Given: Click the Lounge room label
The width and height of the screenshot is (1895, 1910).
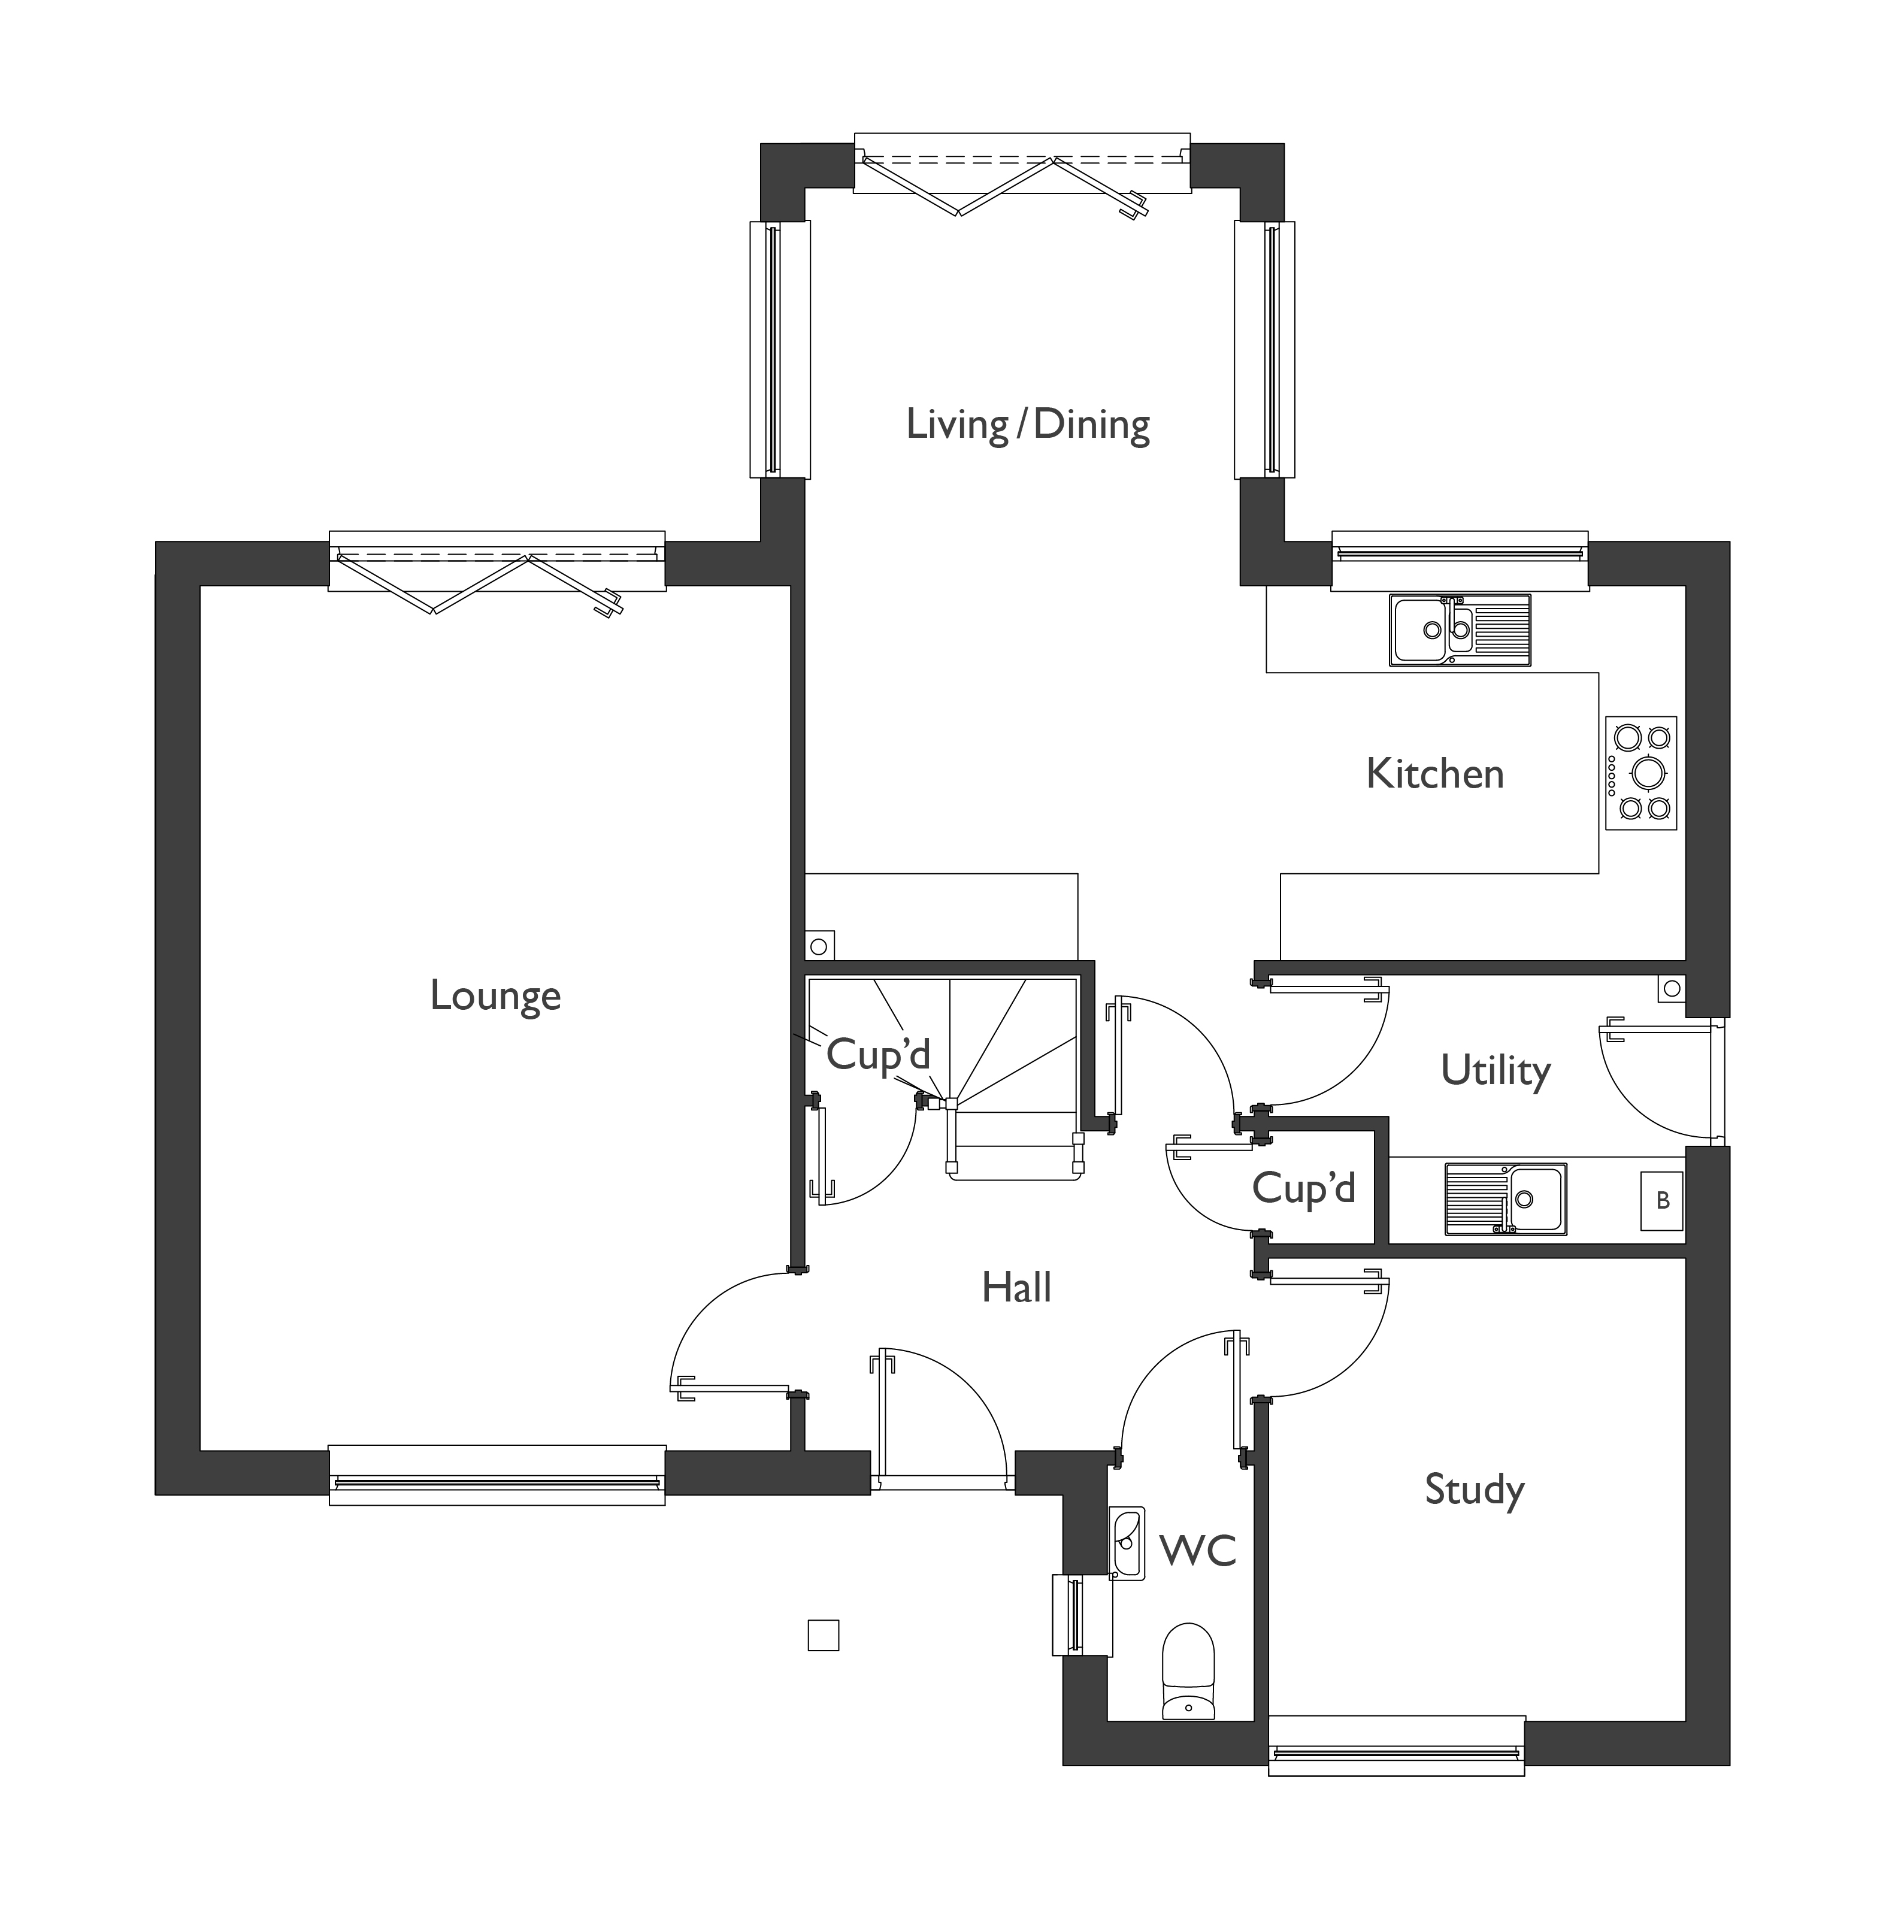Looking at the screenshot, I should [495, 995].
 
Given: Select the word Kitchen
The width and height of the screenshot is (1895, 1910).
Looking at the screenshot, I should [1434, 774].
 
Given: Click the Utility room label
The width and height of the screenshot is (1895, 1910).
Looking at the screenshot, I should [1495, 1071].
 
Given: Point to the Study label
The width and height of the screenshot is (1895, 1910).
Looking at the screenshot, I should [1473, 1489].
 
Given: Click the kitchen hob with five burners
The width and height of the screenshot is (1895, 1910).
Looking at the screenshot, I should [1640, 772].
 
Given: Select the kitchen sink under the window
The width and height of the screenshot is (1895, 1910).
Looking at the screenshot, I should [1459, 629].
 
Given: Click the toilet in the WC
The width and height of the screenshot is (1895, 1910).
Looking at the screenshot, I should [1186, 1671].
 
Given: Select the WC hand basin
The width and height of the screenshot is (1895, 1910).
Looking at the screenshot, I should [1126, 1543].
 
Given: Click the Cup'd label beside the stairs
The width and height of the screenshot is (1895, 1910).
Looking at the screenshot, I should [878, 1055].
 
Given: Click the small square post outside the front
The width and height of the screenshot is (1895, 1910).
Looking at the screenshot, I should [822, 1635].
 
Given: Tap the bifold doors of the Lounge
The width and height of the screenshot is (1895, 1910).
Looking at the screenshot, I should [497, 573].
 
